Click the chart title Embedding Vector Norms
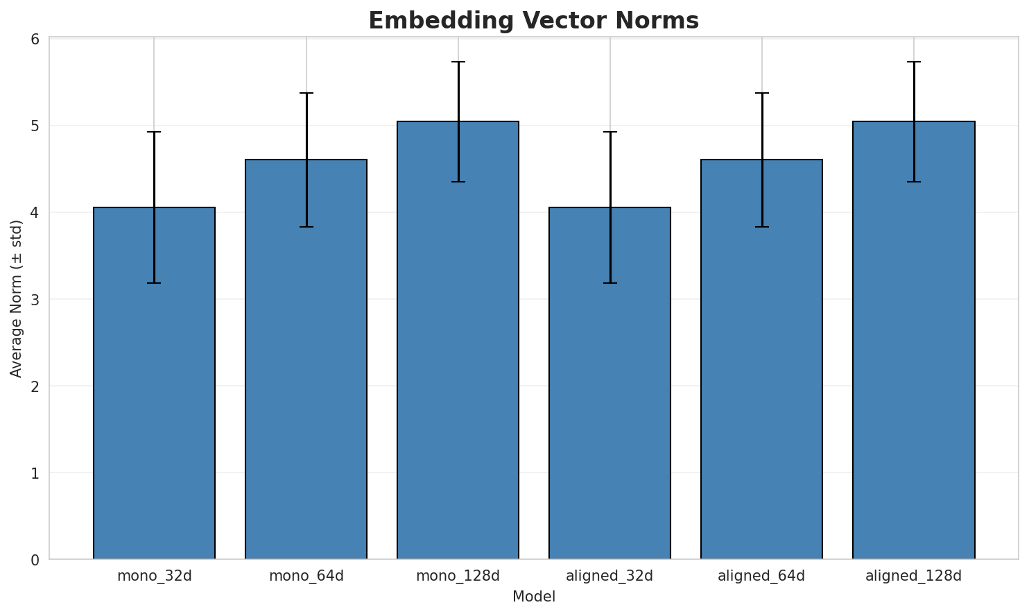point(533,21)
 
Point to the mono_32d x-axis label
point(154,576)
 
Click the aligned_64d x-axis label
point(761,576)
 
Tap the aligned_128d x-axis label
point(913,576)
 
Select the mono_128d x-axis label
point(458,576)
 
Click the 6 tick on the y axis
point(35,39)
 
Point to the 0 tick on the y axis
point(35,559)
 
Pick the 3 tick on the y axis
point(35,299)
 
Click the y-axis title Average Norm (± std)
point(17,299)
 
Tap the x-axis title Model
point(533,597)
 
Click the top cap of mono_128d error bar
point(458,62)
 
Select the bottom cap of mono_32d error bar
point(154,283)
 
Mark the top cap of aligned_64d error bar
point(761,93)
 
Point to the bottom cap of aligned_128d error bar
point(913,182)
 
